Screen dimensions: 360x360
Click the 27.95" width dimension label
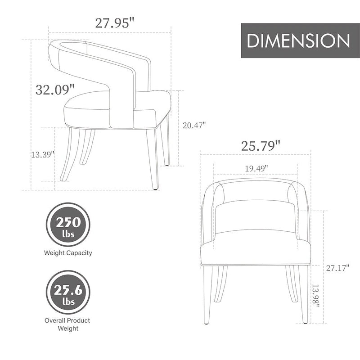point(115,23)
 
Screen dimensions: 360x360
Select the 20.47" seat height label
point(194,126)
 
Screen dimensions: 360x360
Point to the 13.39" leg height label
point(43,154)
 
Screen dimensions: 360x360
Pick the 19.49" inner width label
point(256,168)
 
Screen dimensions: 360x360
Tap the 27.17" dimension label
point(337,268)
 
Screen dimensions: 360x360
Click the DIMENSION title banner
point(298,40)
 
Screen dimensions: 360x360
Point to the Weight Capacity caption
point(68,253)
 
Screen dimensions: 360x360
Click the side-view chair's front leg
point(153,157)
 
